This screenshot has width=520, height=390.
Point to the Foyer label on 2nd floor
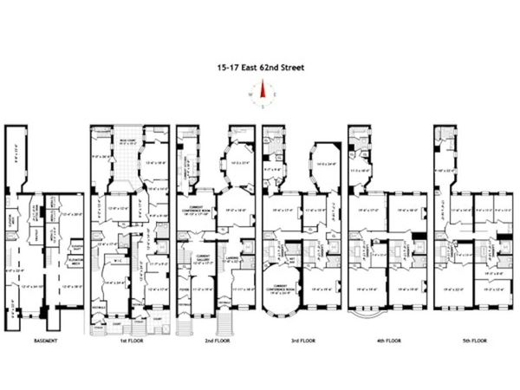(184, 291)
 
